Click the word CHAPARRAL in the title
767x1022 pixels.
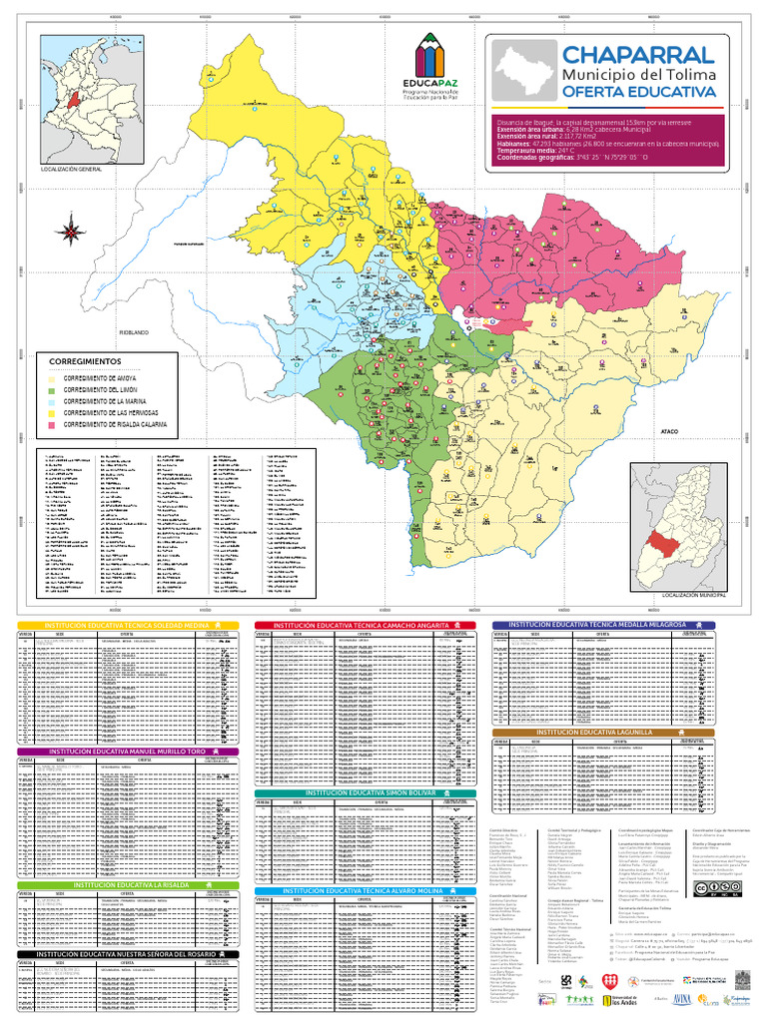pos(637,55)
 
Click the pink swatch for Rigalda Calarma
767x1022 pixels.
pos(51,424)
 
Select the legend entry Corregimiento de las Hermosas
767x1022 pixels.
pos(110,412)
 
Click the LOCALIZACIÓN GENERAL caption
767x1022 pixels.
pos(71,170)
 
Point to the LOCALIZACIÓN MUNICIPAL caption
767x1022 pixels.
pos(689,594)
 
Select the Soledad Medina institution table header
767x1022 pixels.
pos(128,625)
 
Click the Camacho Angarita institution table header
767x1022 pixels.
pos(365,625)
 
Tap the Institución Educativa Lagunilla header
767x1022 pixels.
pos(603,732)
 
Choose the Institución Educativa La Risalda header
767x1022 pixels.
pos(128,884)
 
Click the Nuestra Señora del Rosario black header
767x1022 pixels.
pos(128,953)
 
